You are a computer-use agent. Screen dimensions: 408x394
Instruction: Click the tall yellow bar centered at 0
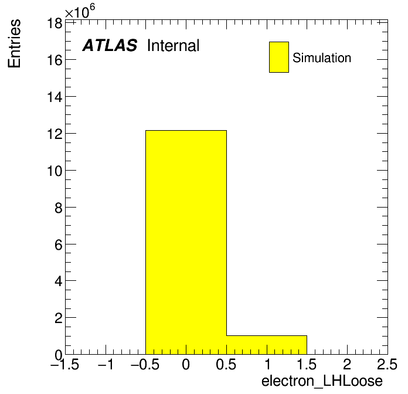[x=186, y=242]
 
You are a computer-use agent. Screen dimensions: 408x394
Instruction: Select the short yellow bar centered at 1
[x=267, y=345]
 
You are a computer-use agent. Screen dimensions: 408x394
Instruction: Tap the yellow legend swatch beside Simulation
[x=279, y=57]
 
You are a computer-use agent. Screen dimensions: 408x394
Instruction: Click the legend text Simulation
[x=322, y=57]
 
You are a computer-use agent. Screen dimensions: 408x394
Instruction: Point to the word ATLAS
[x=110, y=45]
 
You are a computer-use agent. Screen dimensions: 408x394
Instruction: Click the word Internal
[x=174, y=45]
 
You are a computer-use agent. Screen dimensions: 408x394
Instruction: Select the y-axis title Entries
[x=14, y=43]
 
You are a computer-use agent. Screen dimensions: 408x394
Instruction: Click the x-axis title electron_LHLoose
[x=322, y=381]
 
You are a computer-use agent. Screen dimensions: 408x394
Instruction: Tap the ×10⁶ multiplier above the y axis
[x=80, y=12]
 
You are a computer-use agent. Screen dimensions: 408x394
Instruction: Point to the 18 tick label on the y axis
[x=55, y=23]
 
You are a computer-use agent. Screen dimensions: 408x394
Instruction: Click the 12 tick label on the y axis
[x=55, y=134]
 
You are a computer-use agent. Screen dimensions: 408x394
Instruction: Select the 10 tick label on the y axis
[x=55, y=171]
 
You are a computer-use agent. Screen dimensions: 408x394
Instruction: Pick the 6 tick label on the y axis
[x=59, y=245]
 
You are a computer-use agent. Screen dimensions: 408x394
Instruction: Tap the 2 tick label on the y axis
[x=59, y=318]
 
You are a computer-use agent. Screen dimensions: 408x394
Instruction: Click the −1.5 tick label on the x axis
[x=64, y=364]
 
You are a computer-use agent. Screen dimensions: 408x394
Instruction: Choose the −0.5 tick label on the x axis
[x=145, y=364]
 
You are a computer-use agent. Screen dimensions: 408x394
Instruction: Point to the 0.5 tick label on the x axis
[x=226, y=364]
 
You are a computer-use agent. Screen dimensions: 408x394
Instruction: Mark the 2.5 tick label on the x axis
[x=387, y=364]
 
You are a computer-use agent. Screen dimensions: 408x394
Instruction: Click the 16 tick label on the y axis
[x=55, y=60]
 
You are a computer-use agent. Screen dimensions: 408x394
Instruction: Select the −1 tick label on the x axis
[x=106, y=364]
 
